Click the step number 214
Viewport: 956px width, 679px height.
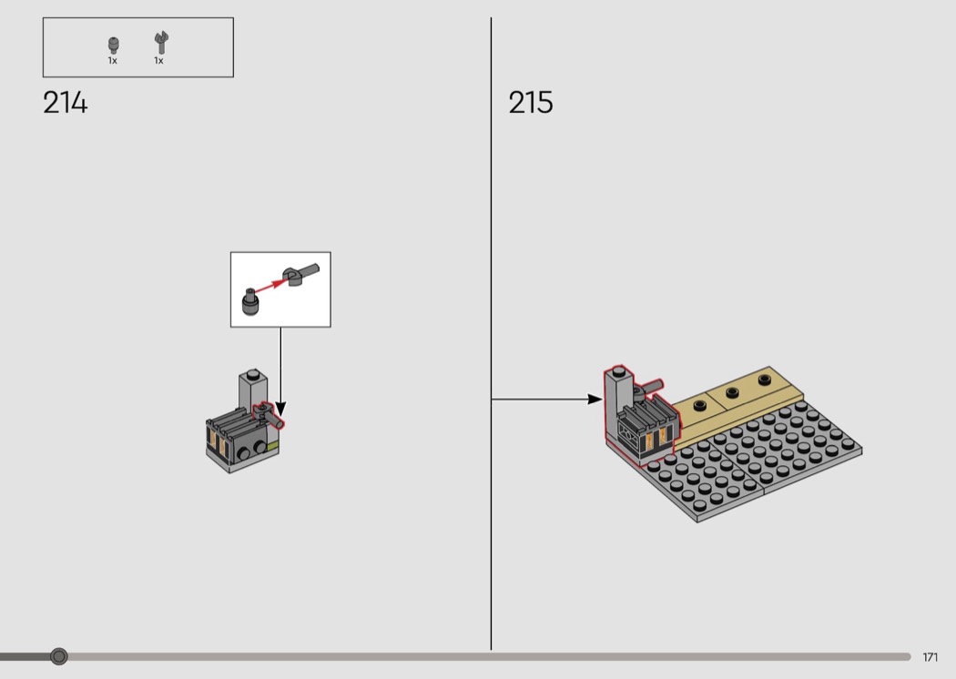[66, 103]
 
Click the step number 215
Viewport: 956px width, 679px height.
[531, 103]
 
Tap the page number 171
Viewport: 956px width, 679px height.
[930, 657]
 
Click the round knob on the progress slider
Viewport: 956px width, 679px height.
[59, 656]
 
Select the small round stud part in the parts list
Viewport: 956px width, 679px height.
[114, 46]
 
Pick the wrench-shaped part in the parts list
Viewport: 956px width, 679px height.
[161, 43]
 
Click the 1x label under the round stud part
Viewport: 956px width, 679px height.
[113, 60]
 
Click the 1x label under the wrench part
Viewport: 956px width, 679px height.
[158, 60]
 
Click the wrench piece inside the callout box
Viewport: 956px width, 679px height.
[300, 276]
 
